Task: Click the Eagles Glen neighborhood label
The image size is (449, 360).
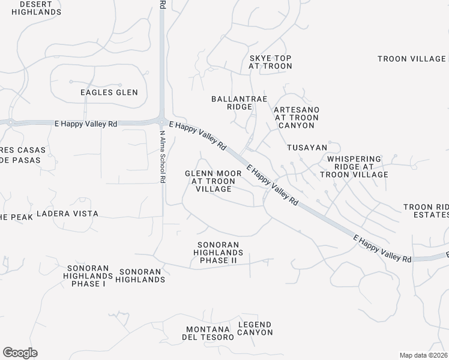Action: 109,92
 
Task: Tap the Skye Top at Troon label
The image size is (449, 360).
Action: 270,62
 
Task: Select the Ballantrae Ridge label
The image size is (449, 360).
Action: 232,103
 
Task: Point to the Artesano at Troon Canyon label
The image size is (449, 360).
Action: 297,118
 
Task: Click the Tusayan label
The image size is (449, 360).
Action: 307,148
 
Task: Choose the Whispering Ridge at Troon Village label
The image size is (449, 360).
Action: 354,167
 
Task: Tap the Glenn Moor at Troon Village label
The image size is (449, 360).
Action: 213,181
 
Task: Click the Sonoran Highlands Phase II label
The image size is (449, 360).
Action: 218,253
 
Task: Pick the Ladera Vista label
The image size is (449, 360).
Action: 67,214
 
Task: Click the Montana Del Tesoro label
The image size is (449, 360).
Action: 209,334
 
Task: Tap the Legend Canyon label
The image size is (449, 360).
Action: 255,328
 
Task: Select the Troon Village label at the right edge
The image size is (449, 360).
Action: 412,59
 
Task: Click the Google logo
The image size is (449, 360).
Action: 20,353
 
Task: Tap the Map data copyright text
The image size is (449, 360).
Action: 424,355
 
